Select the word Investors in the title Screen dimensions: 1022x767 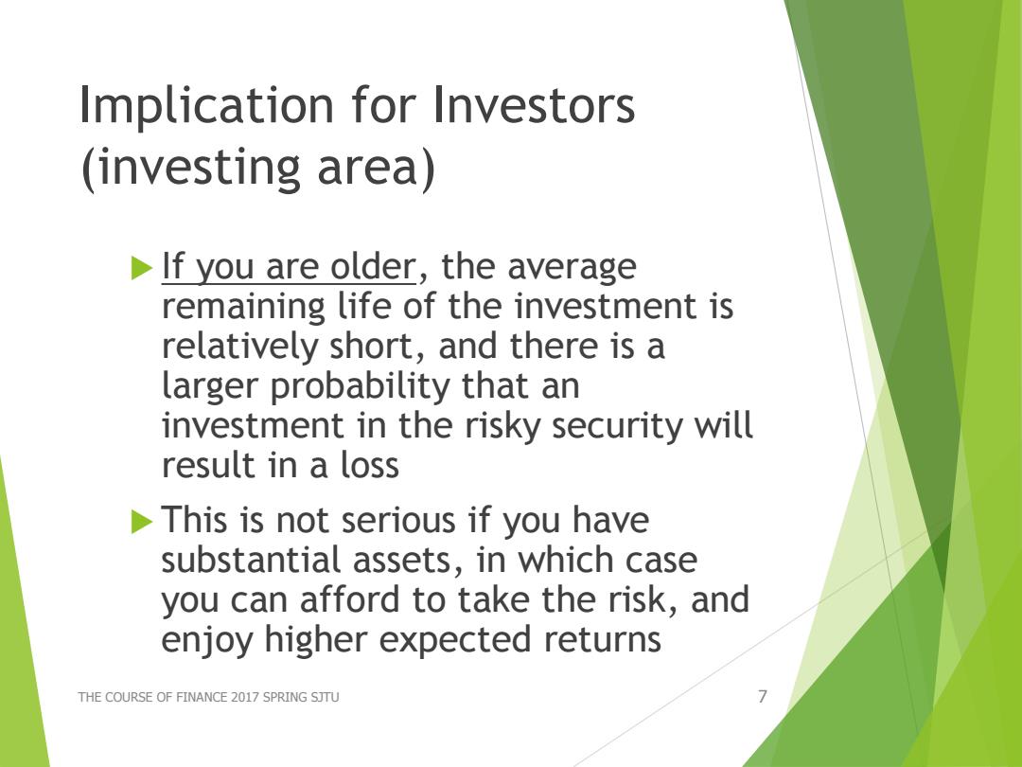[x=533, y=104]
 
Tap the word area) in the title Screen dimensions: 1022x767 [x=376, y=169]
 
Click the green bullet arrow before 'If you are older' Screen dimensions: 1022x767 [x=141, y=267]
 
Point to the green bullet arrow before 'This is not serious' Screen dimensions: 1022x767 [x=141, y=522]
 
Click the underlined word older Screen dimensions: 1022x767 [x=374, y=266]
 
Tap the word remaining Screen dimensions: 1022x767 [x=243, y=308]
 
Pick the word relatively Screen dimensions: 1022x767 [x=239, y=346]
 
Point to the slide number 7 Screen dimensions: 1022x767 [x=763, y=697]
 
